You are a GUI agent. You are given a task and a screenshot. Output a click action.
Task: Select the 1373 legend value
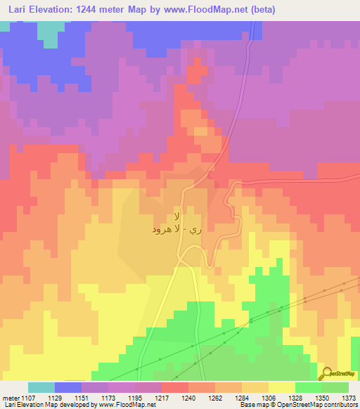pyautogui.click(x=349, y=397)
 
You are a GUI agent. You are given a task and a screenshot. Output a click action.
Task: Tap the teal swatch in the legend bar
pyautogui.click(x=41, y=387)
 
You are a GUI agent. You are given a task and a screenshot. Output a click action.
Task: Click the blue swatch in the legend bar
pyautogui.click(x=68, y=387)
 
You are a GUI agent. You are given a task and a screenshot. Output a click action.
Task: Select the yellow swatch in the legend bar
pyautogui.click(x=282, y=387)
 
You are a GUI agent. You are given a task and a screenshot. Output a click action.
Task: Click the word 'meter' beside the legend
pyautogui.click(x=8, y=397)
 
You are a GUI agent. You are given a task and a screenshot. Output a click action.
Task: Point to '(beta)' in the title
pyautogui.click(x=259, y=10)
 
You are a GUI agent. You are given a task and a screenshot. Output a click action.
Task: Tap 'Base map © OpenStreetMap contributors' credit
pyautogui.click(x=297, y=405)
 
